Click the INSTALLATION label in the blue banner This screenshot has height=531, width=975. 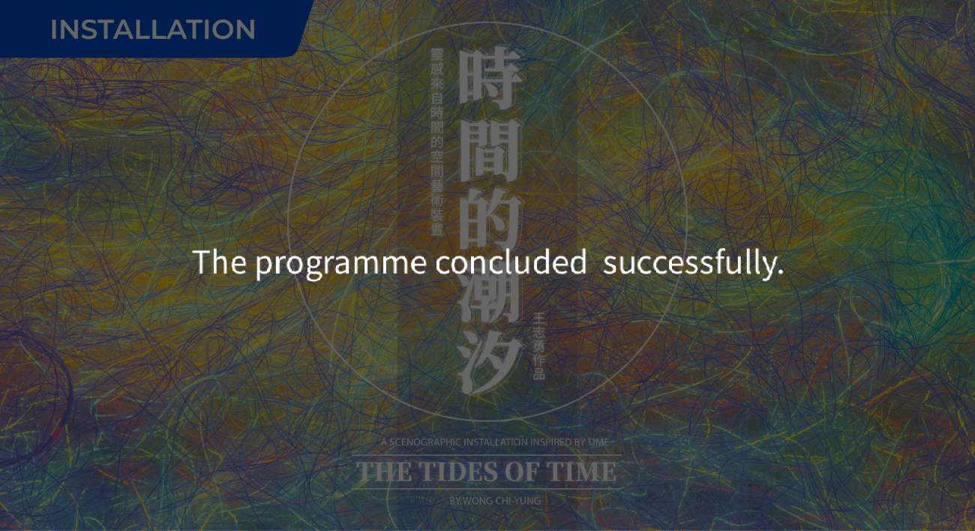(x=153, y=30)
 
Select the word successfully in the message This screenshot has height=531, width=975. (x=693, y=263)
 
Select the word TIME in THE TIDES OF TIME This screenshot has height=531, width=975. (x=582, y=472)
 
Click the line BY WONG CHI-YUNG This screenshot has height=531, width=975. (x=494, y=500)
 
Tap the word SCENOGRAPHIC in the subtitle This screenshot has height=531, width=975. (x=425, y=442)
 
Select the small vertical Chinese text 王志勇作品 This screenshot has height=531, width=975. (x=538, y=346)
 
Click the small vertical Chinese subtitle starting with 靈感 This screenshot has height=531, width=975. (x=437, y=142)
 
